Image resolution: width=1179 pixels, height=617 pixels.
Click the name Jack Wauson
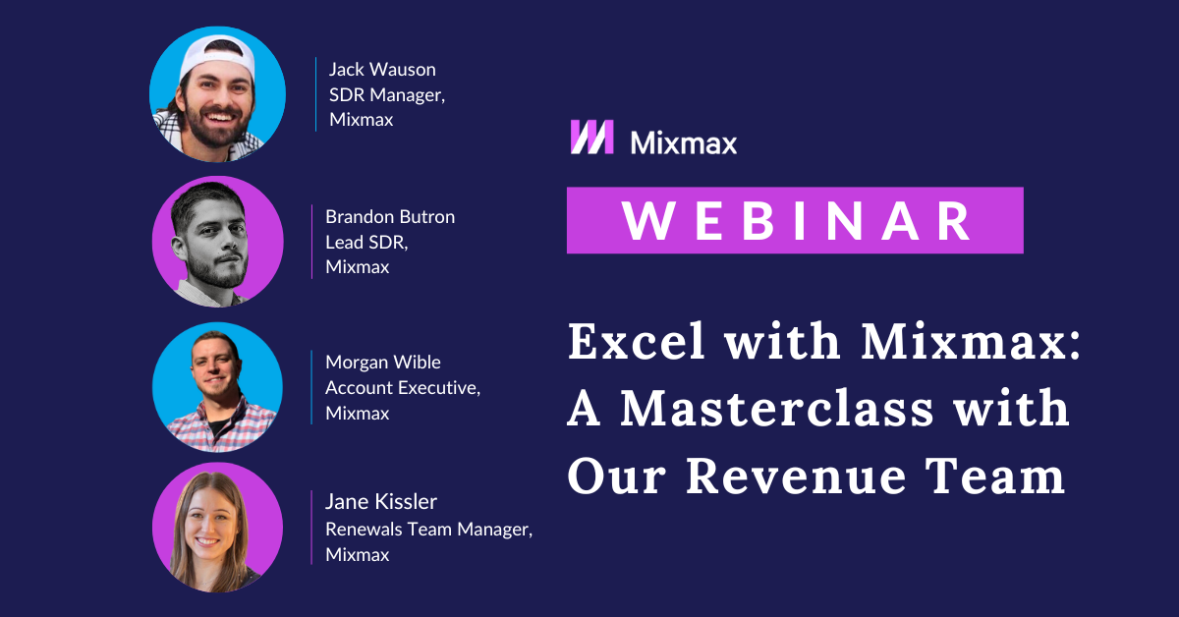coord(382,70)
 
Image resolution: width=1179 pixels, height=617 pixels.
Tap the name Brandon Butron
coord(390,217)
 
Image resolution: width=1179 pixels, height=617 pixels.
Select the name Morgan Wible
coord(383,363)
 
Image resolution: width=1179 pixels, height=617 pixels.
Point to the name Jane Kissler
coord(381,502)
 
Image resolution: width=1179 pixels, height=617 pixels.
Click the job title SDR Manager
coord(387,95)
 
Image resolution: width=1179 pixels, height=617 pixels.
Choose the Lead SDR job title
coord(366,242)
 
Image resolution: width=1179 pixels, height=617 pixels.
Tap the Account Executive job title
coord(403,388)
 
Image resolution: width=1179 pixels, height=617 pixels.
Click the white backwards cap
coord(217,51)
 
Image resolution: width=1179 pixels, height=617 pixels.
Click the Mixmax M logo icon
coord(592,137)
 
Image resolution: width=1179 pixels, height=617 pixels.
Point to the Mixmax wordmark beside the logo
coord(684,143)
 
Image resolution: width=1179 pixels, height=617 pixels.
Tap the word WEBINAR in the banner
coord(796,221)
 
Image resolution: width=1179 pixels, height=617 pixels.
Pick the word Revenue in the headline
coord(796,477)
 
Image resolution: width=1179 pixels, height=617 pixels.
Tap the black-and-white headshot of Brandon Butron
coord(217,242)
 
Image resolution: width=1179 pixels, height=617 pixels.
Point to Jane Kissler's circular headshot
coord(217,528)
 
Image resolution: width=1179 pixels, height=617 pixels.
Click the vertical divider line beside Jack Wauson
coord(315,94)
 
